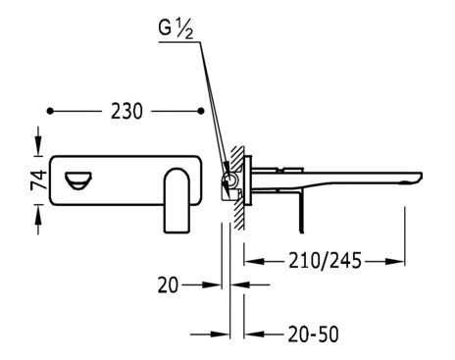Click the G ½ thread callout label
tap(176, 29)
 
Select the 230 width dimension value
tap(126, 111)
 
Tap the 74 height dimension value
tap(39, 180)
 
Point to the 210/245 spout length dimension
tap(325, 261)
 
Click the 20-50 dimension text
tap(313, 334)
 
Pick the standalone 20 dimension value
tap(169, 284)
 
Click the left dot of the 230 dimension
tap(50, 111)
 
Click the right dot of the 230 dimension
tap(201, 111)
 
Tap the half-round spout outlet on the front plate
tap(78, 180)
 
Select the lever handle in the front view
tap(177, 200)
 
